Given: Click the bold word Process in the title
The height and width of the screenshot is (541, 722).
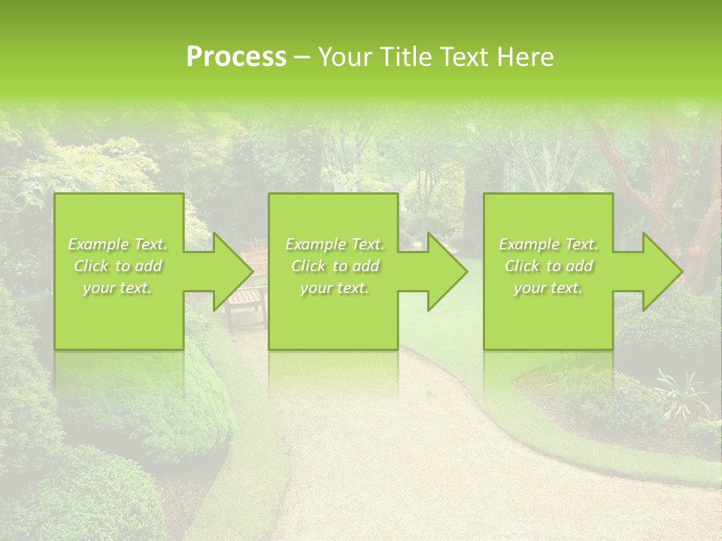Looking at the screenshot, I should point(236,57).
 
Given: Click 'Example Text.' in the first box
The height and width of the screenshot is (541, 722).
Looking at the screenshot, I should point(118,244).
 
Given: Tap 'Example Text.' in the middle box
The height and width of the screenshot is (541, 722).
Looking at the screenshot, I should point(335,244).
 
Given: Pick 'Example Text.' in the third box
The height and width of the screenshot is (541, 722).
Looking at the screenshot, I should point(548,244).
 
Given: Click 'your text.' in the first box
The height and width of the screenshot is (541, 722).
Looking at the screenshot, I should point(118,288).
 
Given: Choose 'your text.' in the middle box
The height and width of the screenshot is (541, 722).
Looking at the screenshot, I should point(335,288).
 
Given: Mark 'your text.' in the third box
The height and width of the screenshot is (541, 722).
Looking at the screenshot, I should point(548,288).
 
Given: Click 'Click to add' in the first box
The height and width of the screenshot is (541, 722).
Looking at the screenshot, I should point(118,266).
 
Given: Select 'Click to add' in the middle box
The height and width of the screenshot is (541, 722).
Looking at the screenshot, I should point(335,266).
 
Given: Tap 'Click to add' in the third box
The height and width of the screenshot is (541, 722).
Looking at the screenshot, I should point(548,266).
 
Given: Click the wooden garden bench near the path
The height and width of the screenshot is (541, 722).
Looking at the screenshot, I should point(247,301).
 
